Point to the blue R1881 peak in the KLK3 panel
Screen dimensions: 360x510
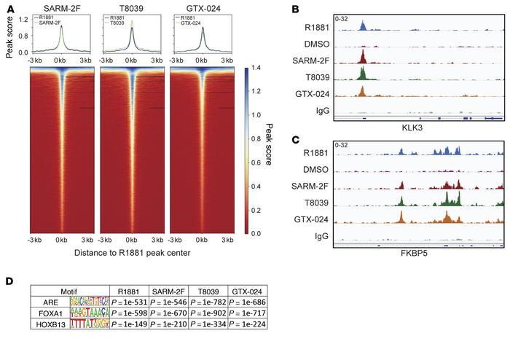[x=363, y=27]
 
